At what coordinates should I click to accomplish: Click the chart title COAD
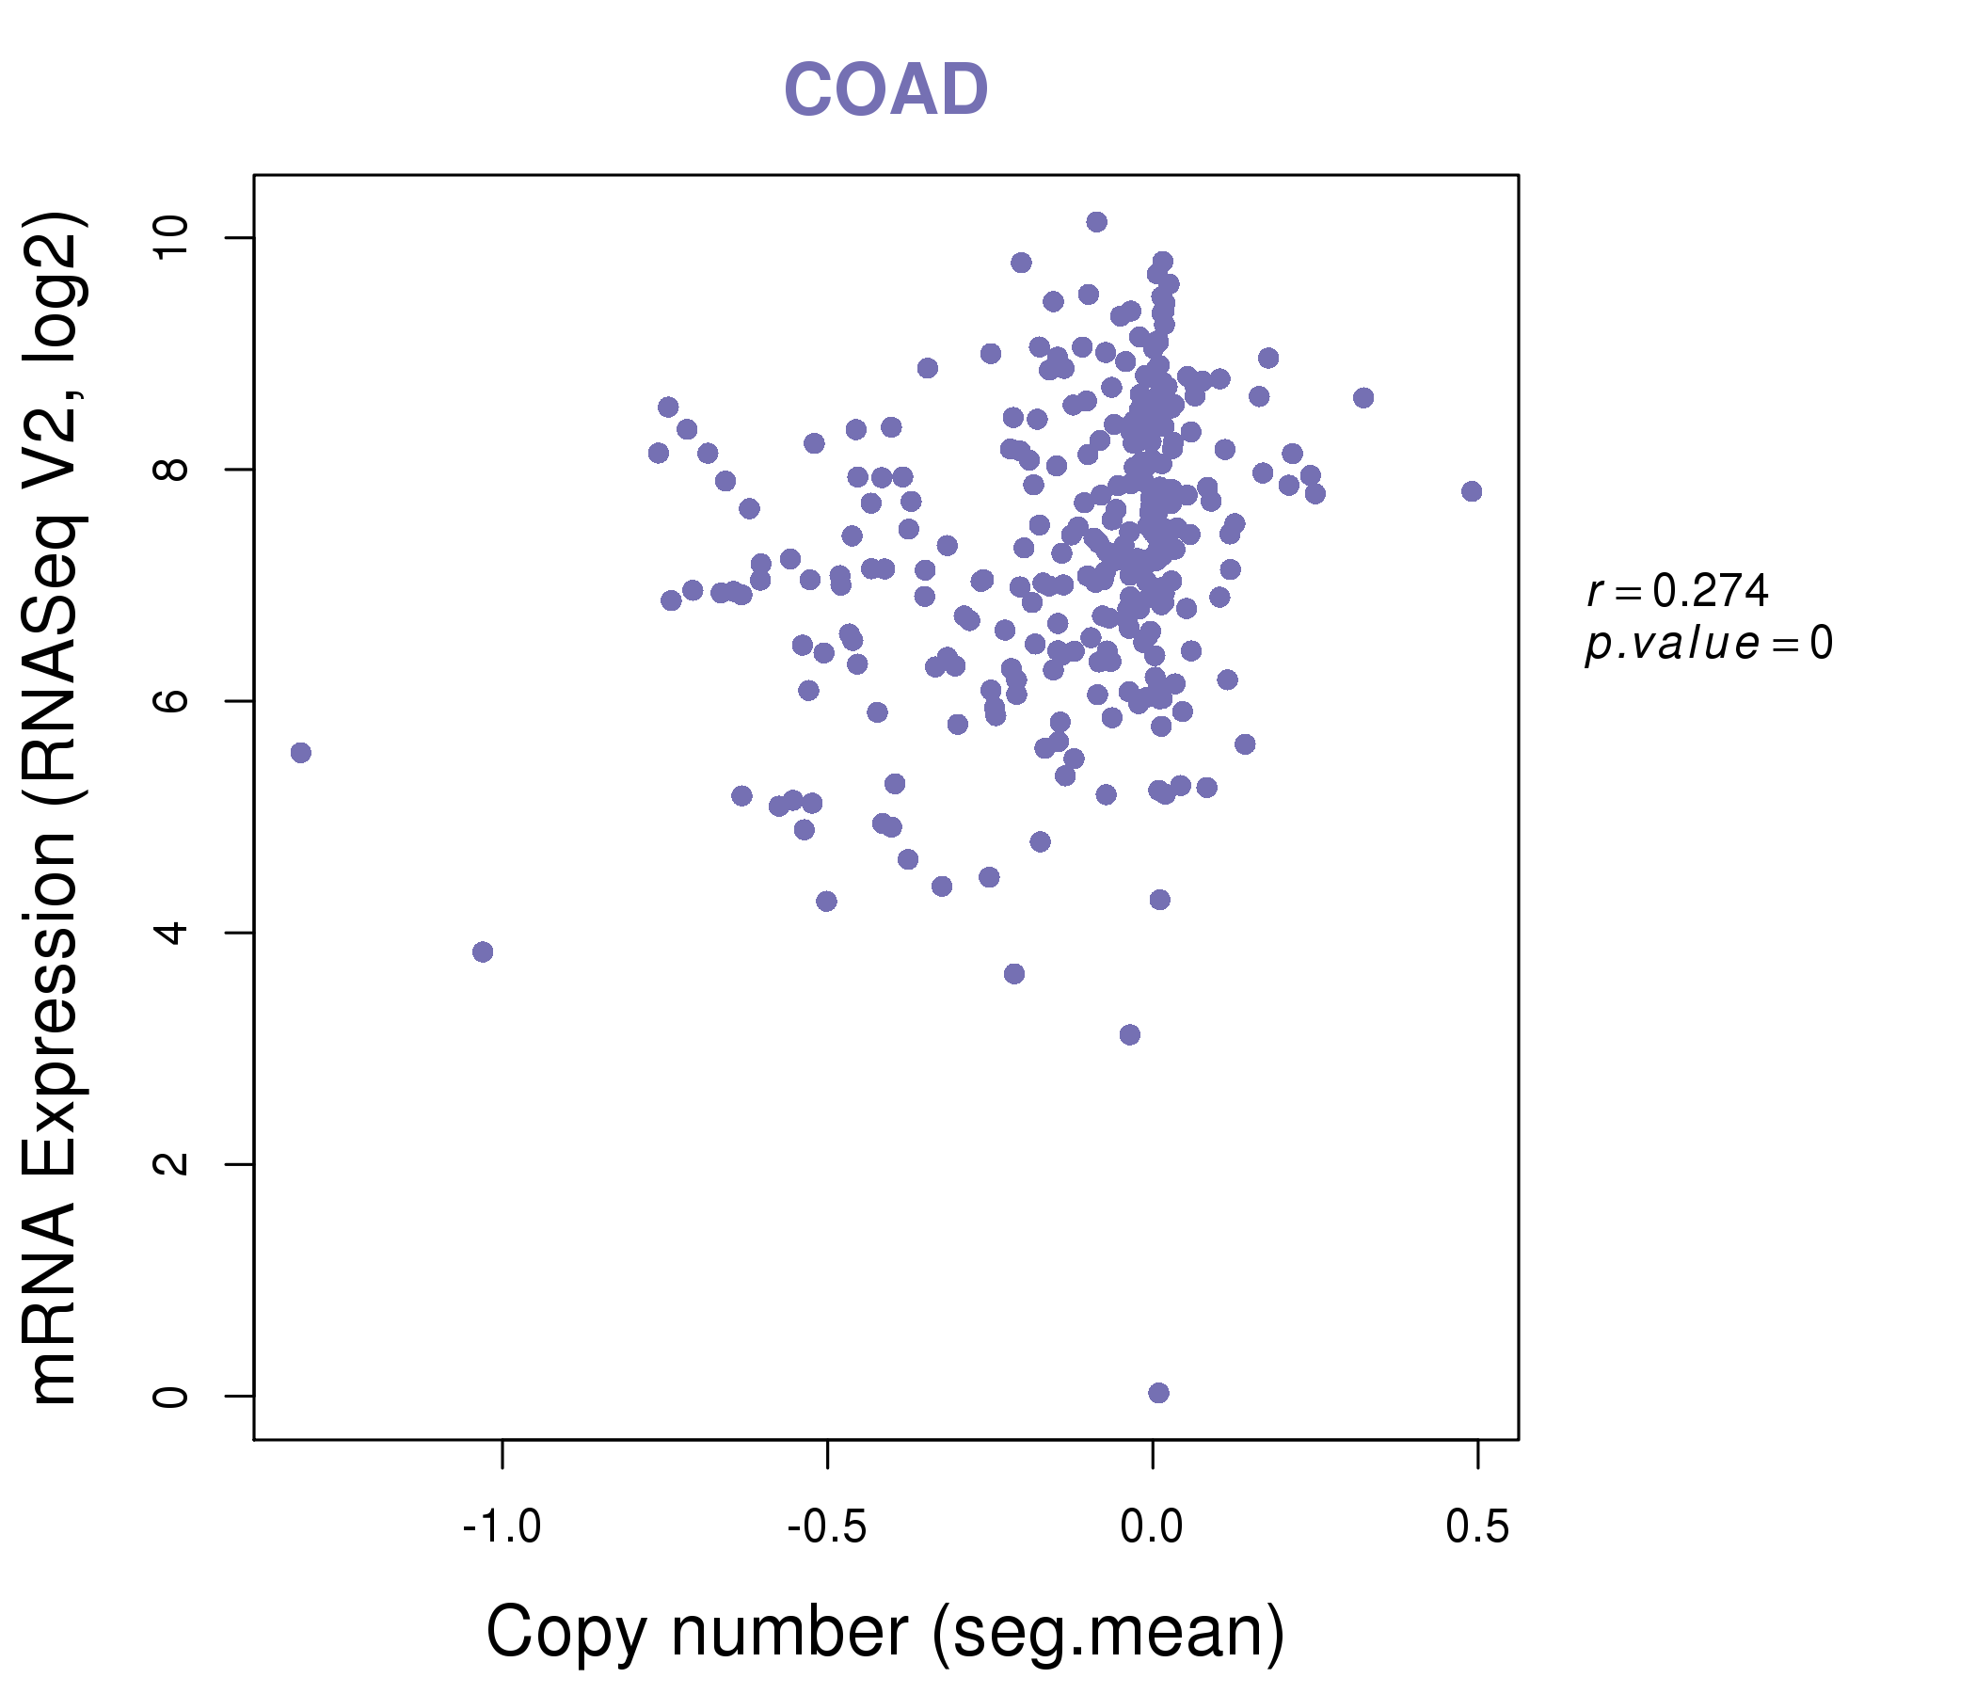885,89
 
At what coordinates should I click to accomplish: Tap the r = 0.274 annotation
1678,591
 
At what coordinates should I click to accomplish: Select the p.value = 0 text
1708,644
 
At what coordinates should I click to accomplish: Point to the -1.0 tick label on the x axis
502,1527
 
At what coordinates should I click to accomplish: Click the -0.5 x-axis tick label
827,1527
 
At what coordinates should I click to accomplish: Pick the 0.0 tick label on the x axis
1152,1527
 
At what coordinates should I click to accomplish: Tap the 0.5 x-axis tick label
1477,1527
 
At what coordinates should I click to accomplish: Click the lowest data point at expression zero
1158,1393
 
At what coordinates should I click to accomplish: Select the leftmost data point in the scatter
300,753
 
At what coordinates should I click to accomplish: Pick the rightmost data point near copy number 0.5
1472,491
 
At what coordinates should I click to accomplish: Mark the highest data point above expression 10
1097,222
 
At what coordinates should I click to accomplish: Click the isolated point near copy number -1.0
483,951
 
